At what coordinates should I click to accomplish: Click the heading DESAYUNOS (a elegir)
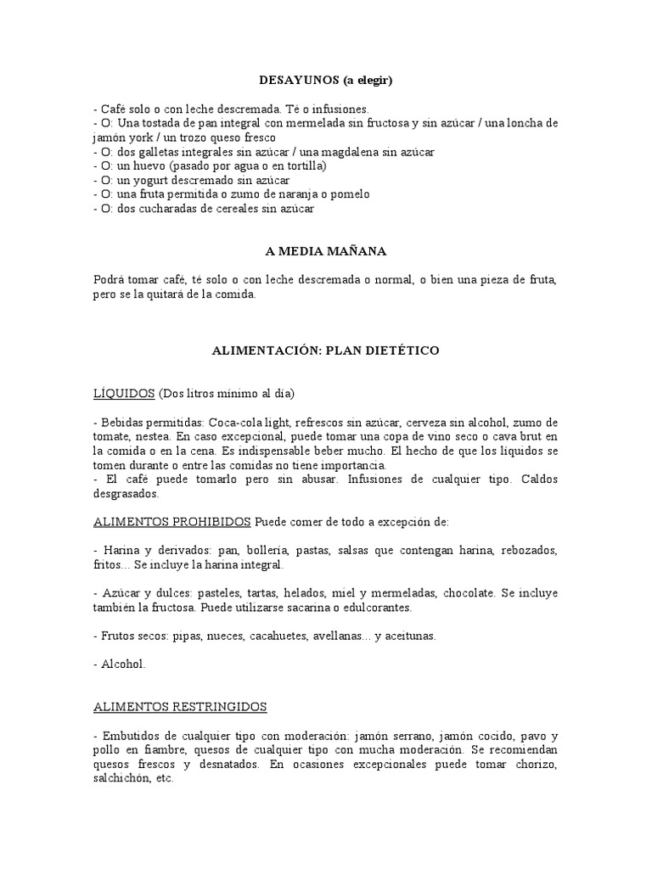point(326,80)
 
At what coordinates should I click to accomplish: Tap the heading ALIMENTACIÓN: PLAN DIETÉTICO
point(326,350)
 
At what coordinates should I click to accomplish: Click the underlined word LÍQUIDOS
point(124,394)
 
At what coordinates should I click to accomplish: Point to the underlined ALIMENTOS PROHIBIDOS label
point(172,520)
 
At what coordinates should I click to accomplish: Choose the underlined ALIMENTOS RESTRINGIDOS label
point(180,706)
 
